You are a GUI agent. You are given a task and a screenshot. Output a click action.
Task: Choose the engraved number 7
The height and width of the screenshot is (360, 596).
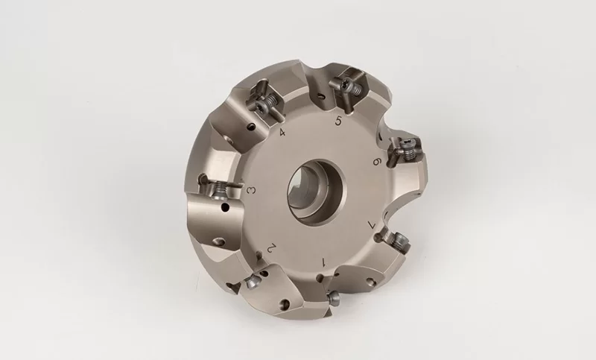click(373, 224)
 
